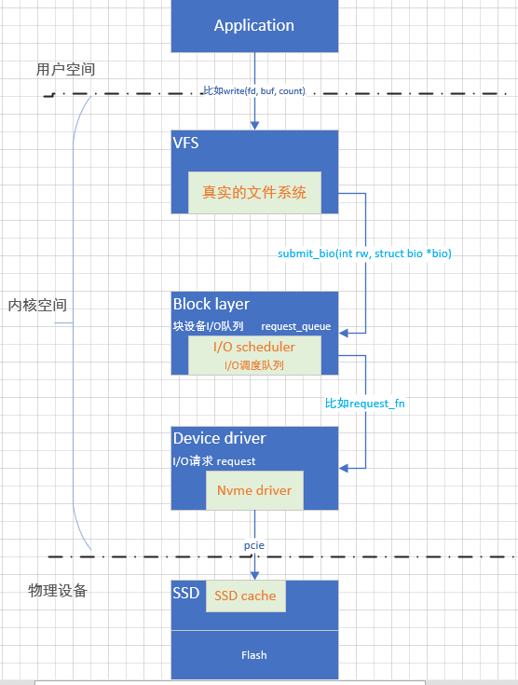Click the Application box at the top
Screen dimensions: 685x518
point(253,25)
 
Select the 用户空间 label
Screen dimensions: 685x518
point(65,70)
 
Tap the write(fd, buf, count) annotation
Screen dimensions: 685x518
point(254,91)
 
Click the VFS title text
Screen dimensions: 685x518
point(185,144)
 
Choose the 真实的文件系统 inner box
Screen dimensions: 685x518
point(254,193)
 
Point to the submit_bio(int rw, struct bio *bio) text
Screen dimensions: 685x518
point(364,253)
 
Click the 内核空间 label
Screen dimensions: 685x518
point(37,305)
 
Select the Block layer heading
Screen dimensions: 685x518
point(211,304)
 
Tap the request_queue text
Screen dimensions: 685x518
point(295,327)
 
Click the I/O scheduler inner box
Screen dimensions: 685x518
point(254,355)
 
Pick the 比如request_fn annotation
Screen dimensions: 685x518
point(364,404)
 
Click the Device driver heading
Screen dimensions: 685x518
point(219,438)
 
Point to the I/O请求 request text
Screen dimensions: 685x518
point(213,461)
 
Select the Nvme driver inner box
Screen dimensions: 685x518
point(254,490)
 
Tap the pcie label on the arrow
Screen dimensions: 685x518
point(254,544)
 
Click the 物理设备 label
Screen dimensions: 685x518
point(57,590)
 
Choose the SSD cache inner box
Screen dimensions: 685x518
point(245,596)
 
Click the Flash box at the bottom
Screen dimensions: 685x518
point(253,655)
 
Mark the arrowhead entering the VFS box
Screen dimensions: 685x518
point(254,126)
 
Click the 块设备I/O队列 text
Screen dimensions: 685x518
point(208,327)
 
